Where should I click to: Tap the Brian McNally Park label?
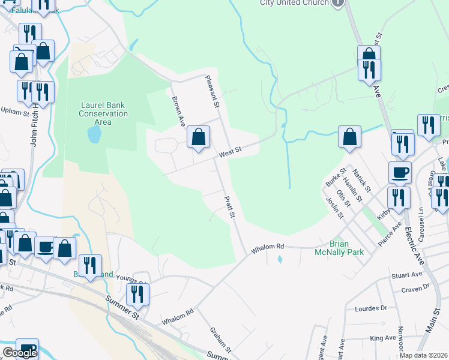coord(339,248)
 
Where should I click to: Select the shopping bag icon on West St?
coord(198,137)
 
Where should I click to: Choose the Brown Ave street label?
coord(178,111)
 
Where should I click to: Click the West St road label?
coord(230,154)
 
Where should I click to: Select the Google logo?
coord(20,353)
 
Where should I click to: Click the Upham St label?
coord(15,111)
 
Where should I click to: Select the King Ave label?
coord(382,338)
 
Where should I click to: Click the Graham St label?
coord(220,340)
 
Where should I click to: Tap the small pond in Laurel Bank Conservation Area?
coord(94,134)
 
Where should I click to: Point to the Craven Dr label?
coord(417,287)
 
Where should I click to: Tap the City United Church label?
coord(294,3)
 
